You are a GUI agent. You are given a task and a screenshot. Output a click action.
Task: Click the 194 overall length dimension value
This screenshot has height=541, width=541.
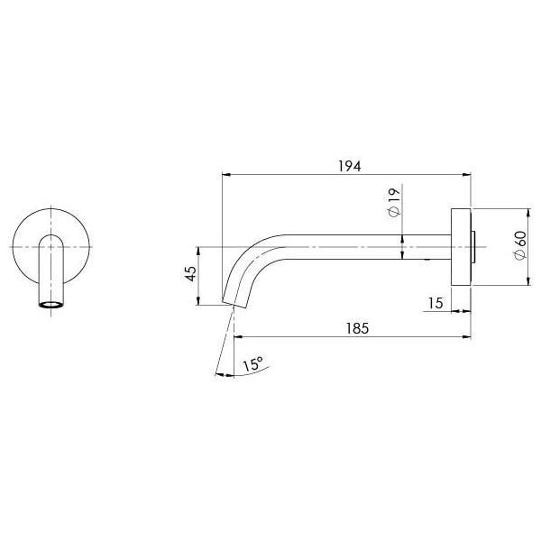[x=349, y=166]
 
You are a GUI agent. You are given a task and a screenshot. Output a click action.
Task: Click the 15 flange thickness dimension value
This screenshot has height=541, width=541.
[x=436, y=304]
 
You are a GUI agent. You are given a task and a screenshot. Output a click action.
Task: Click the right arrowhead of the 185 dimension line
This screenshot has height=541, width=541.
[x=468, y=337]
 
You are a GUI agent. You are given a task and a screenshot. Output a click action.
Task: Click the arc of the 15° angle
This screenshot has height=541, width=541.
[x=236, y=378]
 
